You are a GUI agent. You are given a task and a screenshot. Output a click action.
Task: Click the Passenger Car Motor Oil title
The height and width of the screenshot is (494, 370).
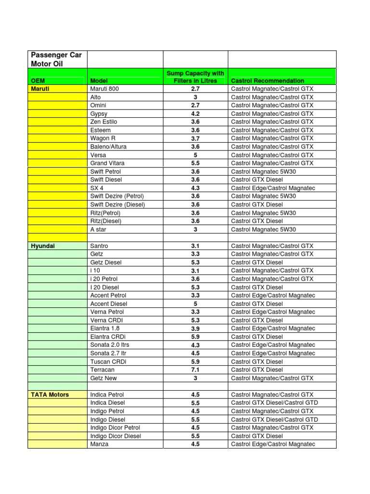coord(56,59)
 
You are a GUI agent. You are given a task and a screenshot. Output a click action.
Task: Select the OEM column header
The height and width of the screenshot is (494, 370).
coord(38,81)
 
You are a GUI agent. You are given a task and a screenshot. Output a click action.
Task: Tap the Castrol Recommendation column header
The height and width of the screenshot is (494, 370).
coord(267,81)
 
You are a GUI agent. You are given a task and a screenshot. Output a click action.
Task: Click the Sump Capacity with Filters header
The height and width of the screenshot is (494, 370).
coord(195,77)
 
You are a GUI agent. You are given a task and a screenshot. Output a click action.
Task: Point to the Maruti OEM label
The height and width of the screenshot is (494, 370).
coord(40,89)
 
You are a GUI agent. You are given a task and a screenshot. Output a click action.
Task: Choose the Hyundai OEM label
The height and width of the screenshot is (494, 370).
coord(43,246)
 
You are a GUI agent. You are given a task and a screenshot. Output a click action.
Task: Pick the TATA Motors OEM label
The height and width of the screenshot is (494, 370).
coord(50,395)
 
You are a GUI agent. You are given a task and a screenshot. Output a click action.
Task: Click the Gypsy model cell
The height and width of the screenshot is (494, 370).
coord(99,114)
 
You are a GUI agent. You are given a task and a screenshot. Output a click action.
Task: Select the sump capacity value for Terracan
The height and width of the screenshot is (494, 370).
coord(195,370)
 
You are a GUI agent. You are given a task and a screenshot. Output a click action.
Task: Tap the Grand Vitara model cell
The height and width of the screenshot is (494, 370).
coord(107,163)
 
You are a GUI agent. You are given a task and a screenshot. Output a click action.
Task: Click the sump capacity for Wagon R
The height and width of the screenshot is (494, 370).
coord(195,138)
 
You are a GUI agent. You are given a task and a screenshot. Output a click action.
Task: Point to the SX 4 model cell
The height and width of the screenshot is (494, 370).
coord(97,188)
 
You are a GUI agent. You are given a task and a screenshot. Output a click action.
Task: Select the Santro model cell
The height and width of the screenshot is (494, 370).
coord(100,246)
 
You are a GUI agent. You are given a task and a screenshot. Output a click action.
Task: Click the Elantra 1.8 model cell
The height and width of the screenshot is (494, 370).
coord(105,329)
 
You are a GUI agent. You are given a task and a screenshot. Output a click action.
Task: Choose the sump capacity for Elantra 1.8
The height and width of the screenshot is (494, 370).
coord(195,329)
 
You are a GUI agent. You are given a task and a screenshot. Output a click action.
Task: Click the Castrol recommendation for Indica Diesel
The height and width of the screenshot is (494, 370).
coord(275,403)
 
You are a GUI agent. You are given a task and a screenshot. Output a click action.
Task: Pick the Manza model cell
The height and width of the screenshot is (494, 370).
coord(99,444)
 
